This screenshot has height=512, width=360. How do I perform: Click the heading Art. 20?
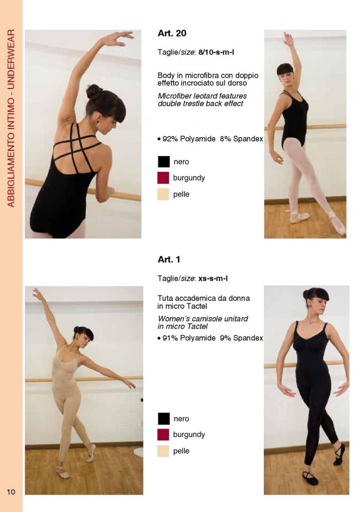(x=172, y=33)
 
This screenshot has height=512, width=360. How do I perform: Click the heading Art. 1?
(x=169, y=259)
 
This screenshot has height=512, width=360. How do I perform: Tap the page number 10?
(x=11, y=492)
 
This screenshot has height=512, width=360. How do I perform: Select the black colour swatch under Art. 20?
(x=164, y=162)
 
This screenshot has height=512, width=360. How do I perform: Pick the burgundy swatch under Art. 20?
(x=164, y=178)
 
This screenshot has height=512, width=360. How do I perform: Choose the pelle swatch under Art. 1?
(x=164, y=451)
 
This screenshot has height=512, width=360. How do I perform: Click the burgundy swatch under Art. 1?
(x=164, y=435)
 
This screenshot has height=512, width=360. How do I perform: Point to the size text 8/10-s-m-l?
(x=216, y=52)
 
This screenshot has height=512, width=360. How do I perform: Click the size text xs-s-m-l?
(x=213, y=278)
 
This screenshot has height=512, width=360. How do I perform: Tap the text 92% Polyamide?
(x=189, y=139)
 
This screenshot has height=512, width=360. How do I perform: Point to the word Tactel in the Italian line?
(x=197, y=306)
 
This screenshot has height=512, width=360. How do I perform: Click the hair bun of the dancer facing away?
(x=94, y=92)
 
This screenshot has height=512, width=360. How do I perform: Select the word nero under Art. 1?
(x=181, y=419)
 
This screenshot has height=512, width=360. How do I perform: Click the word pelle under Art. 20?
(x=181, y=195)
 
